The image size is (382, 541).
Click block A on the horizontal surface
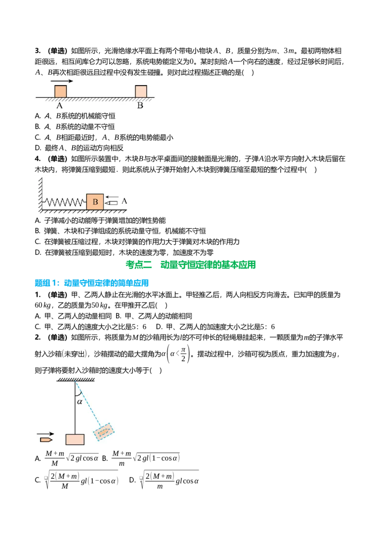tap(60, 91)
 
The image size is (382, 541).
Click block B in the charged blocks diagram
tap(141, 91)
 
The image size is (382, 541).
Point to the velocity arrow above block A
tap(62, 81)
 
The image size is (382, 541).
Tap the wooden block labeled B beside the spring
tap(95, 202)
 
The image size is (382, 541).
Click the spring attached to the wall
tap(64, 202)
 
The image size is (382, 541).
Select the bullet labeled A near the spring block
tap(111, 203)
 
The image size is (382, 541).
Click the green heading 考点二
tap(139, 265)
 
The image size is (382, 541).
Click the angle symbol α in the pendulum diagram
tap(80, 401)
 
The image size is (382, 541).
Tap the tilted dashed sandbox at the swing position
tap(104, 432)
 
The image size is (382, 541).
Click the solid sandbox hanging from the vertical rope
tap(75, 439)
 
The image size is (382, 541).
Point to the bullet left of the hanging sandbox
tap(46, 440)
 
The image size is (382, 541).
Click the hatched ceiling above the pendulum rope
tap(75, 379)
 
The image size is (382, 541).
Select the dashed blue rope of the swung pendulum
tap(89, 404)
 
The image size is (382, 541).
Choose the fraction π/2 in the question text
tap(183, 354)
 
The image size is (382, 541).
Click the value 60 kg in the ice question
tap(43, 305)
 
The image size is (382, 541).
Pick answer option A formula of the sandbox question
tap(72, 458)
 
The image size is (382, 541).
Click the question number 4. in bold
tap(38, 159)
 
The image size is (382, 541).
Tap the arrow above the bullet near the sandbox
tap(45, 433)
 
